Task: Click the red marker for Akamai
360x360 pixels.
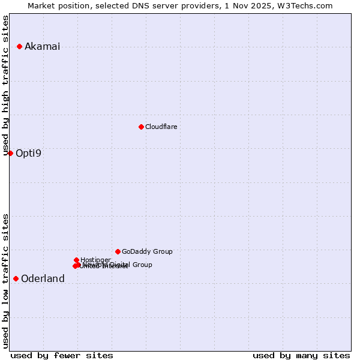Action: click(19, 46)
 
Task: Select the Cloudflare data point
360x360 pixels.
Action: click(141, 127)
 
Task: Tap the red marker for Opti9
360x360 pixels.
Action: click(10, 153)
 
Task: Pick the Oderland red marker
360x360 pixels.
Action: click(16, 278)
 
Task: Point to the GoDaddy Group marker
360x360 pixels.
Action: click(118, 251)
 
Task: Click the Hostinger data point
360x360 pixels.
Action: click(76, 260)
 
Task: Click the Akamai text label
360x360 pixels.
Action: click(42, 47)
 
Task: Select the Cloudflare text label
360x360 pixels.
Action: click(161, 127)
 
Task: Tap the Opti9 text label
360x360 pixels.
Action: click(28, 153)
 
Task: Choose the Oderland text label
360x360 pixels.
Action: click(43, 279)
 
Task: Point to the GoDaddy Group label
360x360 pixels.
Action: click(147, 251)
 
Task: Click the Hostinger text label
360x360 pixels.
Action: click(95, 260)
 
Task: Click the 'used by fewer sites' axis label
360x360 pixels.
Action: click(62, 355)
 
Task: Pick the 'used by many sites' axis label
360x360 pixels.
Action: click(301, 355)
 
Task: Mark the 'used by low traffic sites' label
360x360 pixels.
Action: click(6, 281)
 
